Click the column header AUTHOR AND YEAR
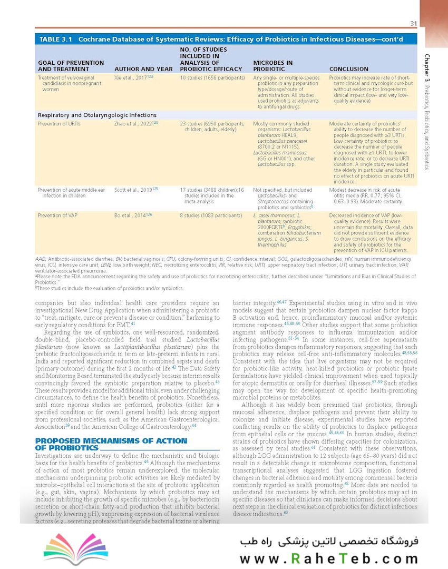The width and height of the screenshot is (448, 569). click(x=143, y=69)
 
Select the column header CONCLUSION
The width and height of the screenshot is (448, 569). click(x=348, y=69)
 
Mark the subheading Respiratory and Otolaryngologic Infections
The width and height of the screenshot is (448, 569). click(x=97, y=115)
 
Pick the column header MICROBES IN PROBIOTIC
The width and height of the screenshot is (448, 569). click(x=273, y=66)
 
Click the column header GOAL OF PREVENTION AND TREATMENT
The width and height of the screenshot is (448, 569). click(x=71, y=66)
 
